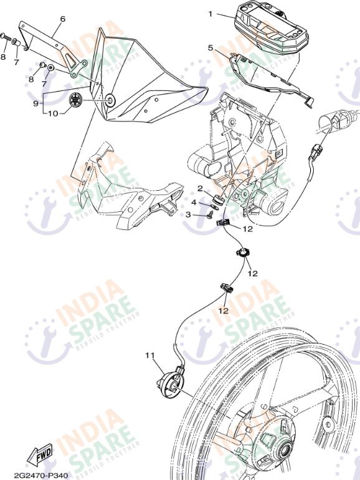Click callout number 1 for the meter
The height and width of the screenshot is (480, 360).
(x=211, y=14)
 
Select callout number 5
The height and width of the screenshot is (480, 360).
(x=210, y=48)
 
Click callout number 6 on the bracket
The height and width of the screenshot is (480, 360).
(x=63, y=19)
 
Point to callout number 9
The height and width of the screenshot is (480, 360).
(x=36, y=103)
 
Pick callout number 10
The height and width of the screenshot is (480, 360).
(x=52, y=113)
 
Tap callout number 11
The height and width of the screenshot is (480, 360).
(x=150, y=355)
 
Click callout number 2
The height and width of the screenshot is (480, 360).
(x=200, y=188)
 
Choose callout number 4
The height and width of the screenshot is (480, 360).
(x=194, y=203)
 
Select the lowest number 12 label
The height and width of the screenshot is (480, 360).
(x=224, y=310)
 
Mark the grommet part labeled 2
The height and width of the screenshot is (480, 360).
(x=218, y=200)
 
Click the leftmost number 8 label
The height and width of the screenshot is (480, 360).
(x=3, y=57)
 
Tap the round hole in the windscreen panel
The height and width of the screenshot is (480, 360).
(x=110, y=100)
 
